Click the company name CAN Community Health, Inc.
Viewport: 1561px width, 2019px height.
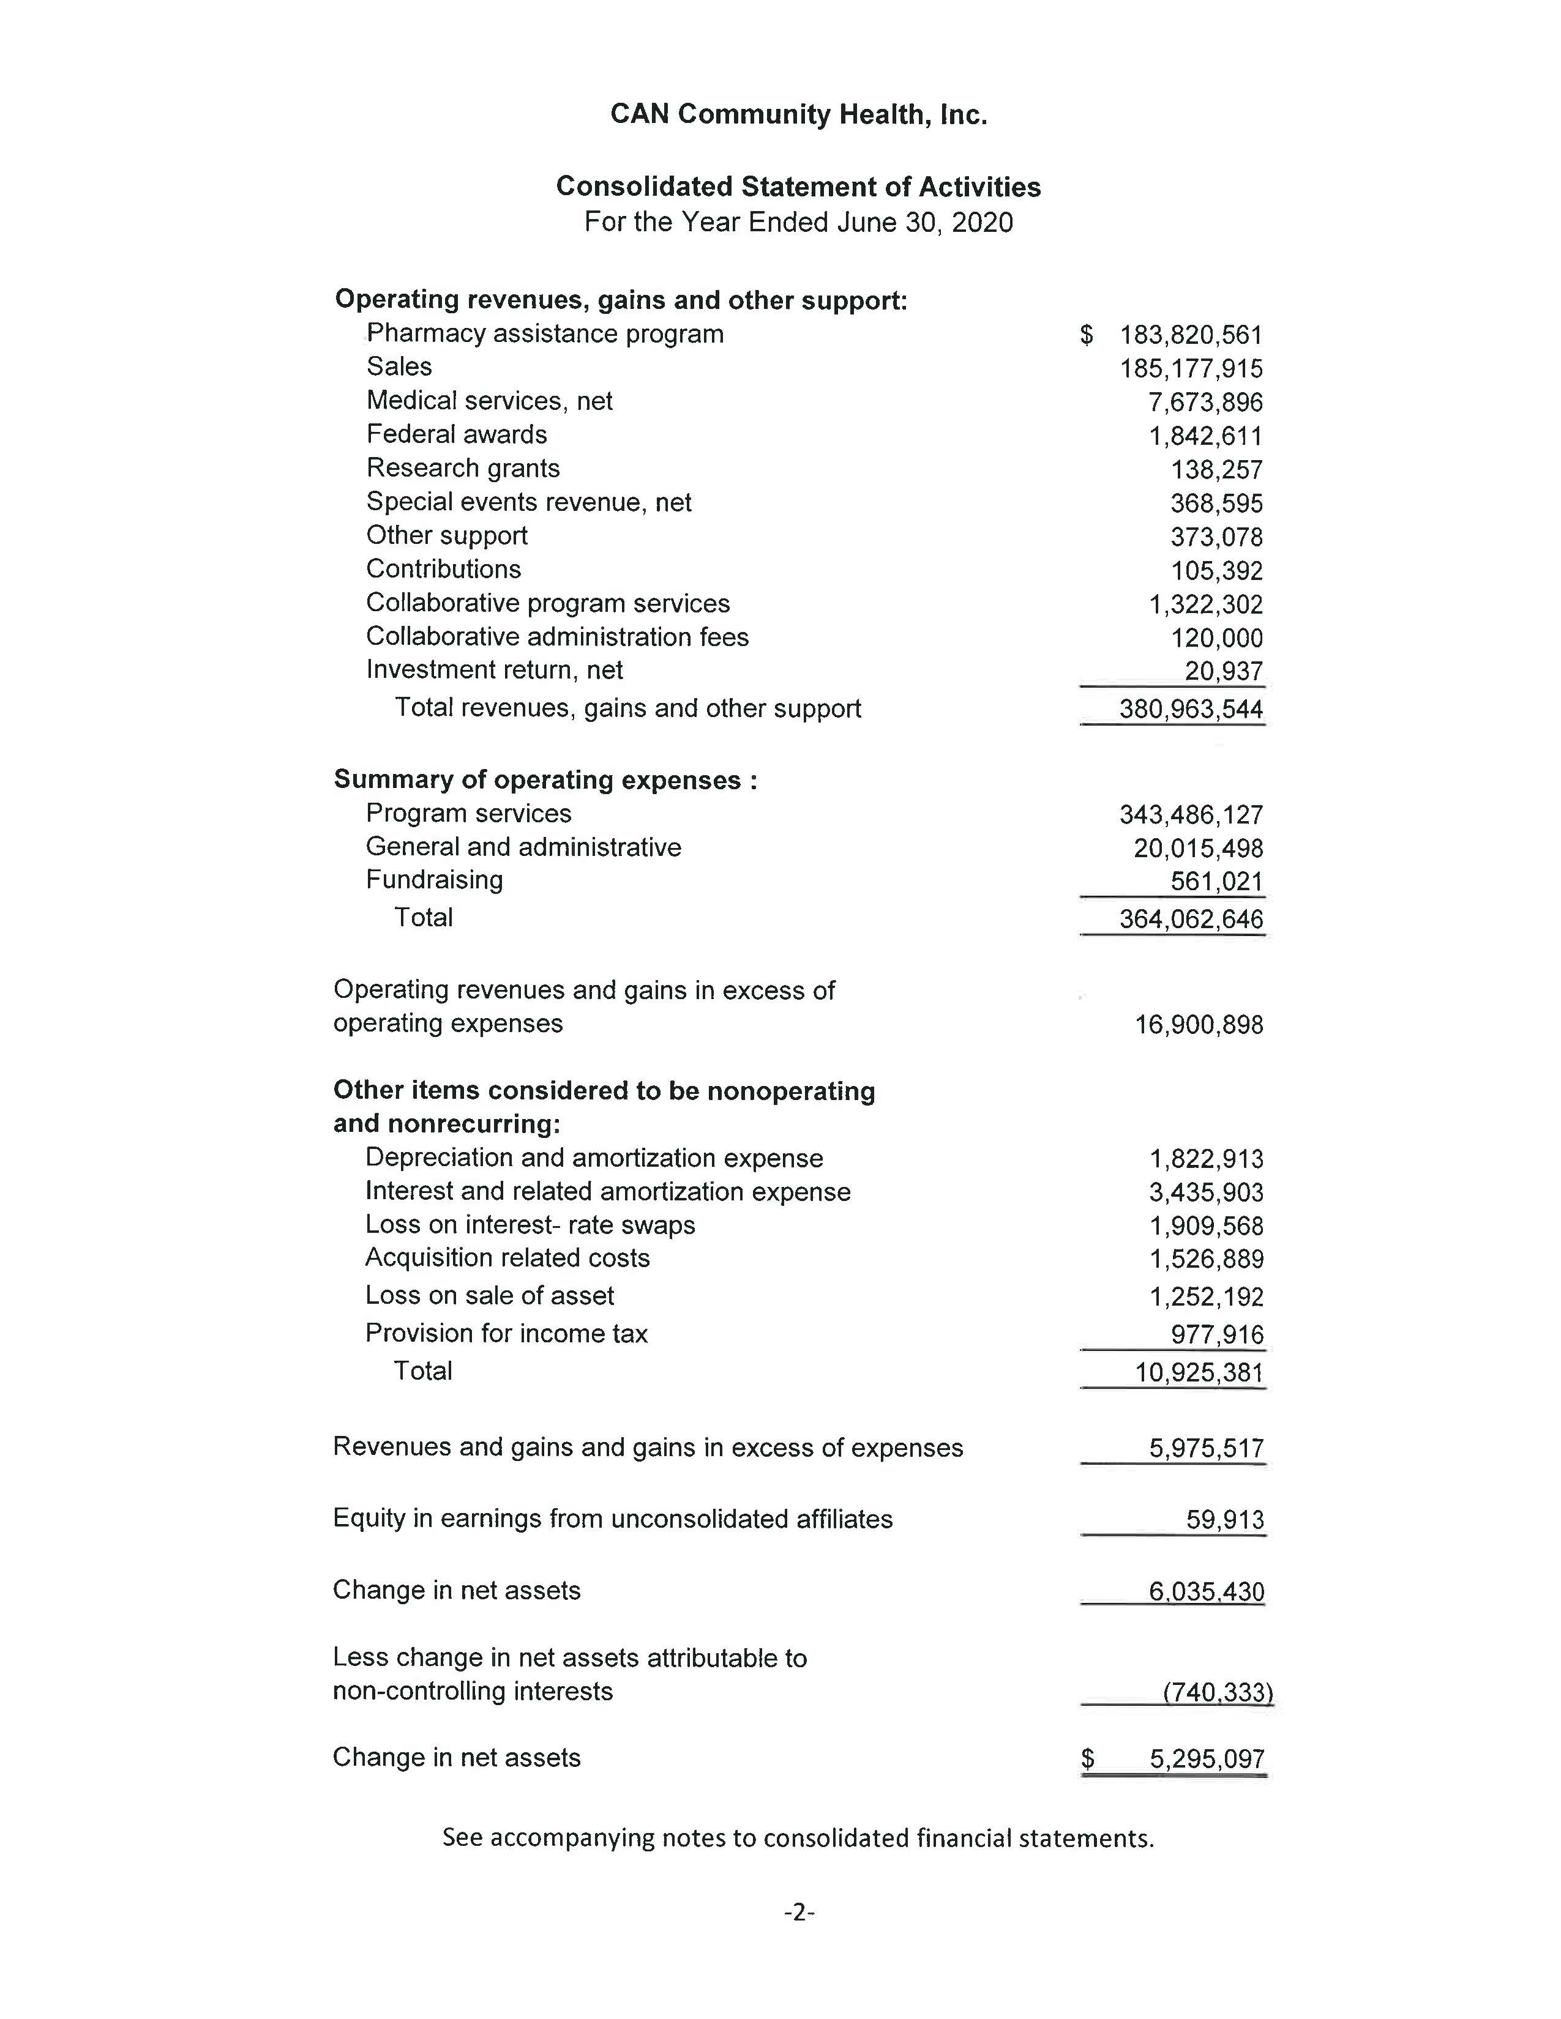[x=798, y=114]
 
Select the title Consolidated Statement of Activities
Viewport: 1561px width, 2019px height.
[x=798, y=187]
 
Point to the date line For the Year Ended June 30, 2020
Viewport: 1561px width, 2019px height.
[x=798, y=223]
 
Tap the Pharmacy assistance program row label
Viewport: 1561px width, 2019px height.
[x=545, y=333]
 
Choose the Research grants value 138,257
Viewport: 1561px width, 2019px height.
[x=1216, y=470]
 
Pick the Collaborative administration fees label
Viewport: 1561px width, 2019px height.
[x=556, y=637]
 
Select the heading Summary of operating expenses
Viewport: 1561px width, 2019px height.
[x=545, y=780]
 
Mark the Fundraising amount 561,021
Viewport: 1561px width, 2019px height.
[x=1216, y=882]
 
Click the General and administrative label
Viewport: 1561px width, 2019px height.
[x=523, y=847]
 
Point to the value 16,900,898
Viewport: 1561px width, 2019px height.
[x=1199, y=1024]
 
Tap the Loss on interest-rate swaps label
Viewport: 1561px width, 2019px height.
[x=530, y=1225]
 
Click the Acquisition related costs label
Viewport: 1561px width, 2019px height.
[x=507, y=1258]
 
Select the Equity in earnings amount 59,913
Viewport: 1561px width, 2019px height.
[x=1224, y=1520]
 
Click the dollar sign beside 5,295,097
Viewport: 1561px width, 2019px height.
[x=1088, y=1757]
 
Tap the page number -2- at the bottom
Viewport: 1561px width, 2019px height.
[x=799, y=1912]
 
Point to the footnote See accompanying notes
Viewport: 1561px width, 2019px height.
[x=798, y=1838]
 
